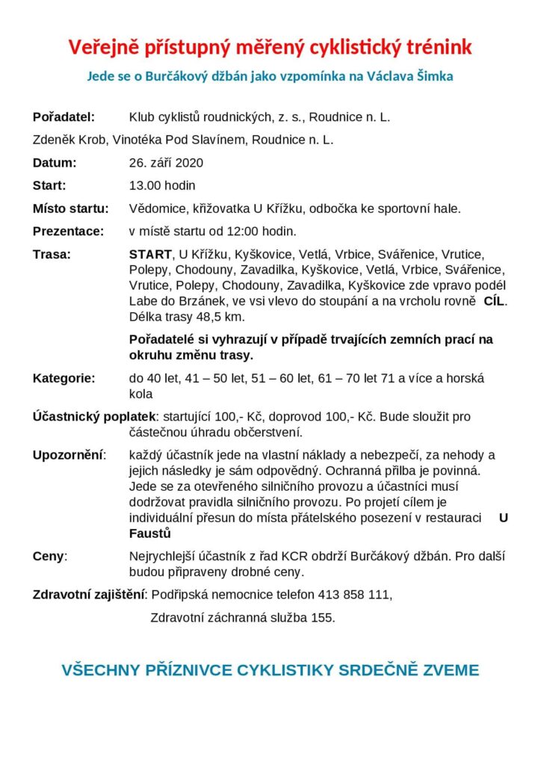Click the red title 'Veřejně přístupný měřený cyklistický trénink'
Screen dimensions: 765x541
[x=270, y=48]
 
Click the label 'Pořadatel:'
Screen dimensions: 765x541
[x=64, y=117]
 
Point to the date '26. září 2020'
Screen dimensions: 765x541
[x=166, y=163]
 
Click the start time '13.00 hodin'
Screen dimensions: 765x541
[x=162, y=185]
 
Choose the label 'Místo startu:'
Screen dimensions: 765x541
[x=70, y=208]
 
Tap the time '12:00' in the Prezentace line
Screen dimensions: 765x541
[x=239, y=232]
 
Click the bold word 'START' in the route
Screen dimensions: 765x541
[x=150, y=255]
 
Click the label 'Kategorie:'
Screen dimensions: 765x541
[x=64, y=378]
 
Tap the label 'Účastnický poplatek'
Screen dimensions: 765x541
[x=93, y=416]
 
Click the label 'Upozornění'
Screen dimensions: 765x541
[x=69, y=455]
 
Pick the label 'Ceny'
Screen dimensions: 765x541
[x=49, y=557]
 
